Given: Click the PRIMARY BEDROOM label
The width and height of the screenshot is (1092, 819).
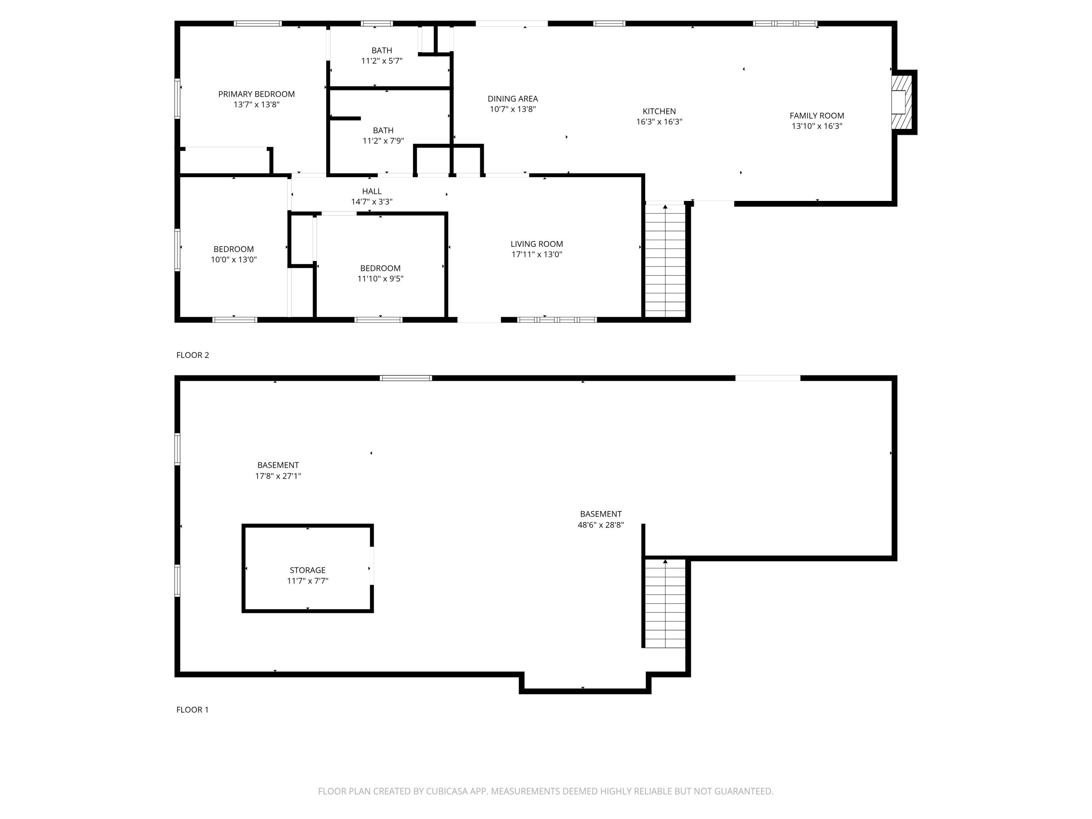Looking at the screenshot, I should tap(256, 94).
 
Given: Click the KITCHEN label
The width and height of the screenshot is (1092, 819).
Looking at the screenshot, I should tap(659, 111).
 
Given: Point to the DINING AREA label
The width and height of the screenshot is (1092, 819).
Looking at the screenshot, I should tap(513, 99).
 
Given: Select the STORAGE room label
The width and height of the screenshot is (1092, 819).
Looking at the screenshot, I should tap(308, 570).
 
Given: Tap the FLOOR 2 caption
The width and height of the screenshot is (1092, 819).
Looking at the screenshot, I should tap(193, 355).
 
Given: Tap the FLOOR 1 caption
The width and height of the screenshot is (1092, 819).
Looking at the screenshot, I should tap(193, 709).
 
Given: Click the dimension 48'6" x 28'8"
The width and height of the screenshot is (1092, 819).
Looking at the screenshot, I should tap(601, 525).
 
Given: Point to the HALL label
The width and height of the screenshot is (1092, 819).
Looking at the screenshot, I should tap(372, 191).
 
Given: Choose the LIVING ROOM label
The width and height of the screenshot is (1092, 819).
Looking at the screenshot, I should tap(537, 244).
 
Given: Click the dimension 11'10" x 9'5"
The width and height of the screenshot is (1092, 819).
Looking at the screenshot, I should tap(380, 279).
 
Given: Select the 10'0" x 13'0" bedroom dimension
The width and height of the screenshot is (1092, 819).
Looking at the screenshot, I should tap(234, 260).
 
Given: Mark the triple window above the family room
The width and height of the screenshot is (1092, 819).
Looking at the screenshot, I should tap(784, 23).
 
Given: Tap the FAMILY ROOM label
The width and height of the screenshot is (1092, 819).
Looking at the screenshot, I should tap(816, 115).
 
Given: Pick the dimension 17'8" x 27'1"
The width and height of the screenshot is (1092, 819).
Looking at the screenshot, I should tap(278, 476).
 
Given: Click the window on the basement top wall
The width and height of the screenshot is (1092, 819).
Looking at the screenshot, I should tap(406, 378).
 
